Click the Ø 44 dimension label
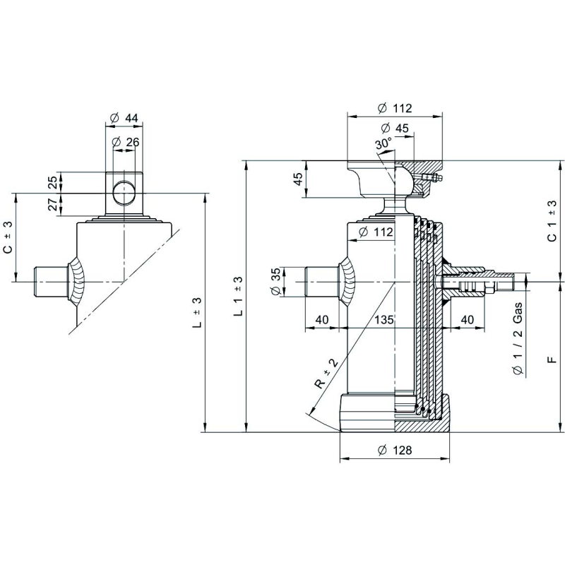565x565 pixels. click(124, 118)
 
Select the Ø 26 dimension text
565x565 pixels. click(126, 142)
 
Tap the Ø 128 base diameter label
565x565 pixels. click(395, 450)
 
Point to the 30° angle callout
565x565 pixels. click(383, 144)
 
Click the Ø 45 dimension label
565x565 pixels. click(395, 128)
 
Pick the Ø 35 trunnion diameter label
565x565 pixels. click(275, 282)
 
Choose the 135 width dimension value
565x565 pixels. click(383, 319)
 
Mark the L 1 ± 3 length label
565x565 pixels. click(238, 296)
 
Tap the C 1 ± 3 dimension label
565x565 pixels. click(552, 221)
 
